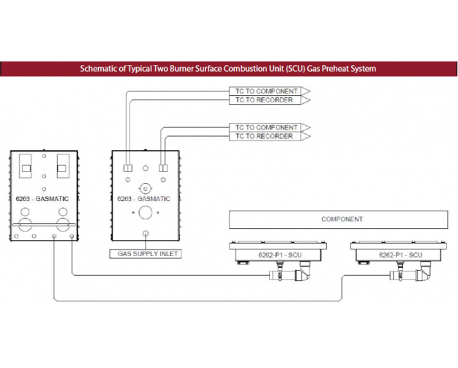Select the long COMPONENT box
click(338, 219)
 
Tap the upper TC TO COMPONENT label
click(266, 91)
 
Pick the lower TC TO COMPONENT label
click(266, 127)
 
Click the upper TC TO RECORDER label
click(265, 99)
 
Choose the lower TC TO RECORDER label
click(265, 136)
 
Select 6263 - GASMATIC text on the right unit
click(143, 198)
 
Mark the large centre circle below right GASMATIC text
click(145, 213)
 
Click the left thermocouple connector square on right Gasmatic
click(127, 168)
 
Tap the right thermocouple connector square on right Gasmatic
click(162, 168)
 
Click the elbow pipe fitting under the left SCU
click(301, 275)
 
